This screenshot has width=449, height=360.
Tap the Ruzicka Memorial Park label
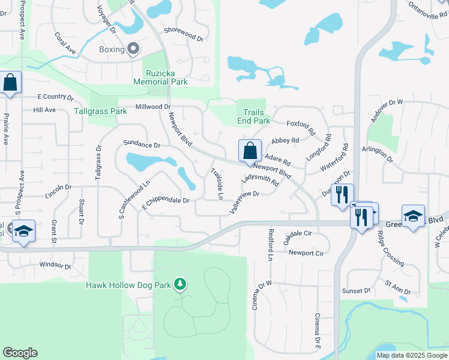(167, 77)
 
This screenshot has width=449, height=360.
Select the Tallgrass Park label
(100, 111)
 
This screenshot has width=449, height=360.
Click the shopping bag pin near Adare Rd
(250, 151)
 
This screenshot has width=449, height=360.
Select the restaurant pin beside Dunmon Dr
(342, 195)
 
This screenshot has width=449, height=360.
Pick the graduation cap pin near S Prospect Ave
(23, 232)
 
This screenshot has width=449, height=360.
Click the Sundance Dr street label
(142, 145)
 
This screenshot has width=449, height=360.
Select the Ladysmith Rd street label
(259, 180)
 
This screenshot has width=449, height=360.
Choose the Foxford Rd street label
(301, 127)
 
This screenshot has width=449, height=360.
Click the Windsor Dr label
(55, 265)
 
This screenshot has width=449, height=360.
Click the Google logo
(20, 353)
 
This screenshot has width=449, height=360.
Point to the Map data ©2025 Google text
(411, 355)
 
